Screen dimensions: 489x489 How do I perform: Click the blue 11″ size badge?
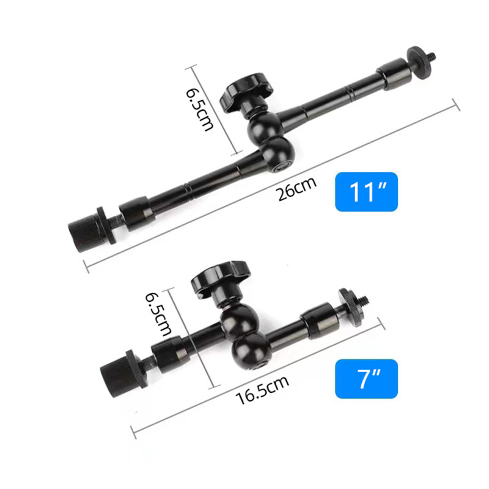(366, 192)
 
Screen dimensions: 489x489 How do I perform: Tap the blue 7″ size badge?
(366, 378)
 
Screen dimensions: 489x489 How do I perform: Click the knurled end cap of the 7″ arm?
(116, 370)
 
